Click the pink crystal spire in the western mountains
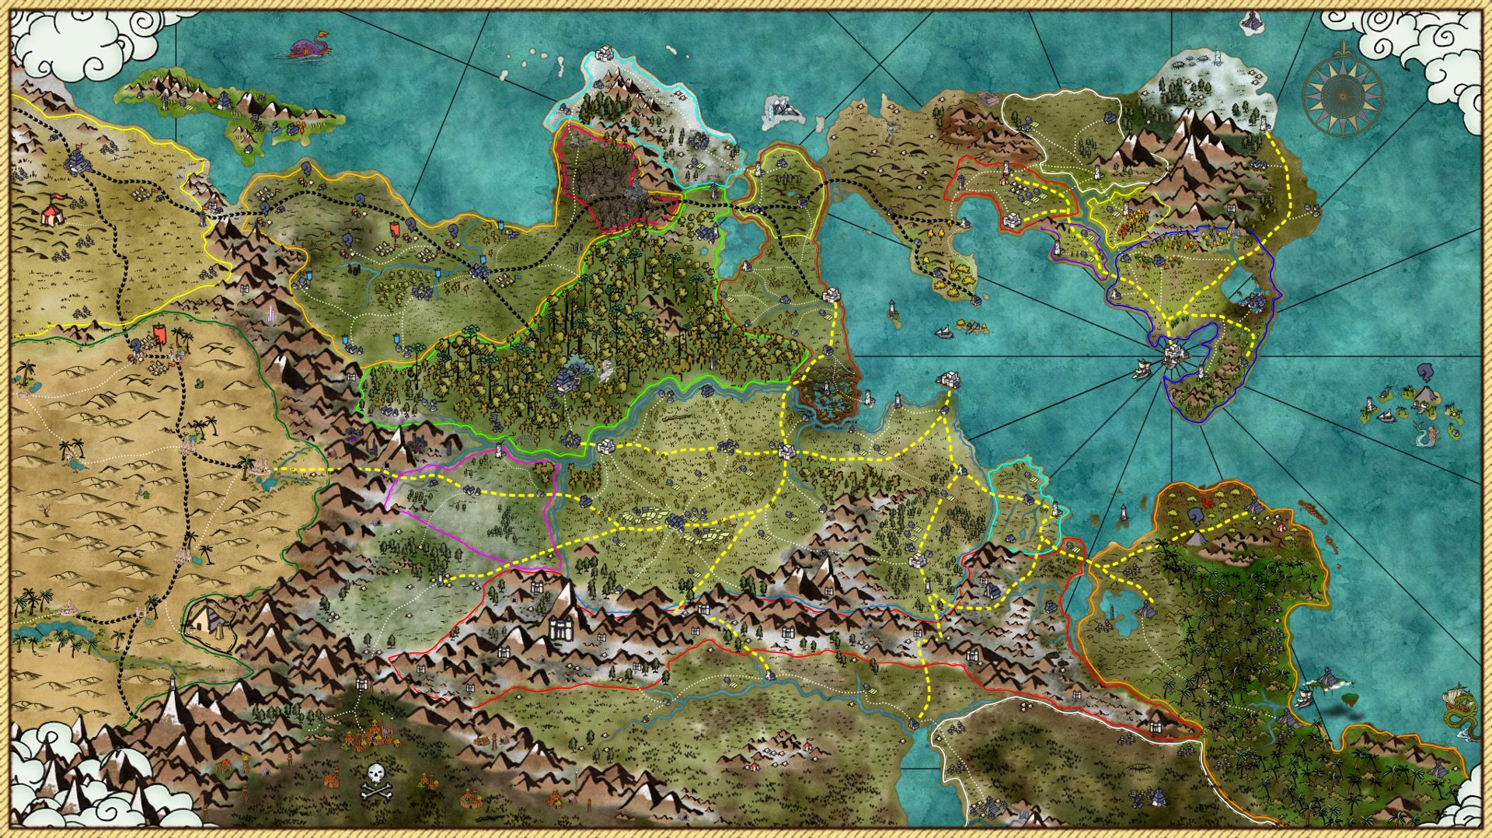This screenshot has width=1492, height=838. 271,316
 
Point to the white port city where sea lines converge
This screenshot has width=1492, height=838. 1173,356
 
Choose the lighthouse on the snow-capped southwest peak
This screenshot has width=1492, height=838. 172,684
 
